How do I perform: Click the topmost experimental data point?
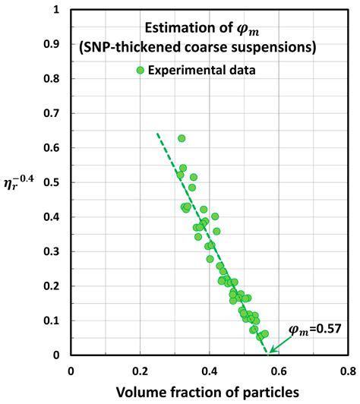pyautogui.click(x=182, y=138)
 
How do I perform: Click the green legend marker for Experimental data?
pyautogui.click(x=140, y=71)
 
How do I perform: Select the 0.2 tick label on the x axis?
pyautogui.click(x=140, y=371)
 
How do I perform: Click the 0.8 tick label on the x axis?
pyautogui.click(x=348, y=371)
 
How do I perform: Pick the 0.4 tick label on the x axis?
pyautogui.click(x=210, y=371)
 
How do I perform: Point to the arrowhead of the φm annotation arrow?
pyautogui.click(x=269, y=352)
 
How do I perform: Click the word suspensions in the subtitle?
pyautogui.click(x=271, y=49)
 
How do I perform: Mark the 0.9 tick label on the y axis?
pyautogui.click(x=52, y=44)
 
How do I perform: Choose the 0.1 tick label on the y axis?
pyautogui.click(x=52, y=320)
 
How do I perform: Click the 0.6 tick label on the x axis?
pyautogui.click(x=279, y=371)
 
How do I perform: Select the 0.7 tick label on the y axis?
pyautogui.click(x=52, y=113)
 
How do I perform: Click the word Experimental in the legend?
pyautogui.click(x=187, y=71)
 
